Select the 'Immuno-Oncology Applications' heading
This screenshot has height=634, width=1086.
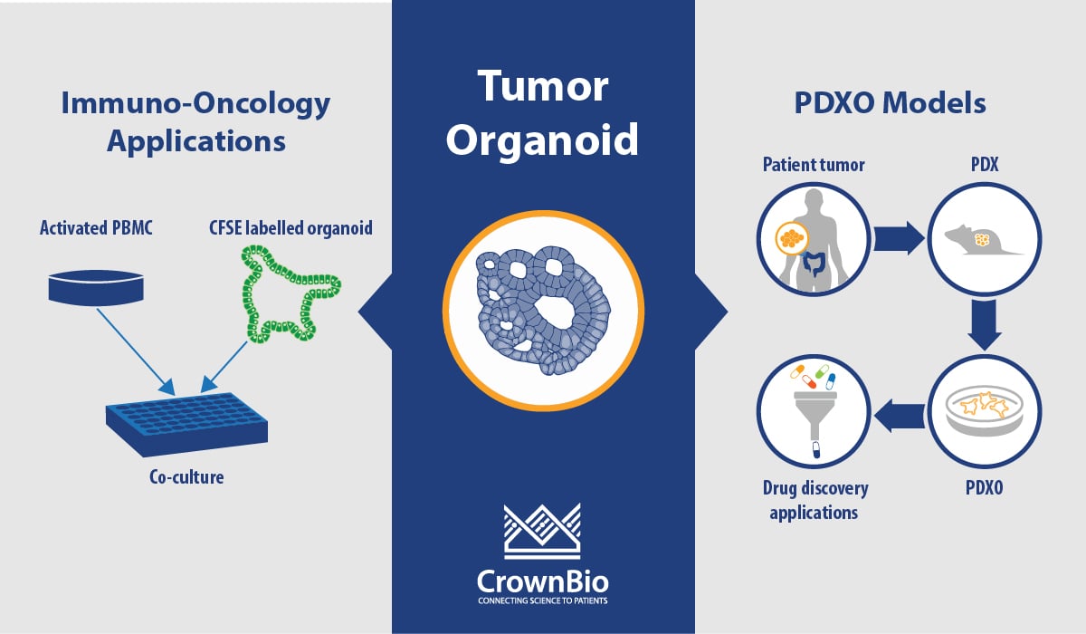pos(195,122)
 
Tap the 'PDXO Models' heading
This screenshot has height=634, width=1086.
pos(890,103)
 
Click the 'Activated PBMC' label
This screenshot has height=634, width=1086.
pos(95,227)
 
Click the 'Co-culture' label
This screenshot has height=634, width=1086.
pos(186,475)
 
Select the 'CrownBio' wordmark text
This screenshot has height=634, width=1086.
pos(543,579)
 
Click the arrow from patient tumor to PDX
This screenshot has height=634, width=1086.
pos(898,240)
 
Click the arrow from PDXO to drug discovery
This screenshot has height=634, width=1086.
pos(898,415)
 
